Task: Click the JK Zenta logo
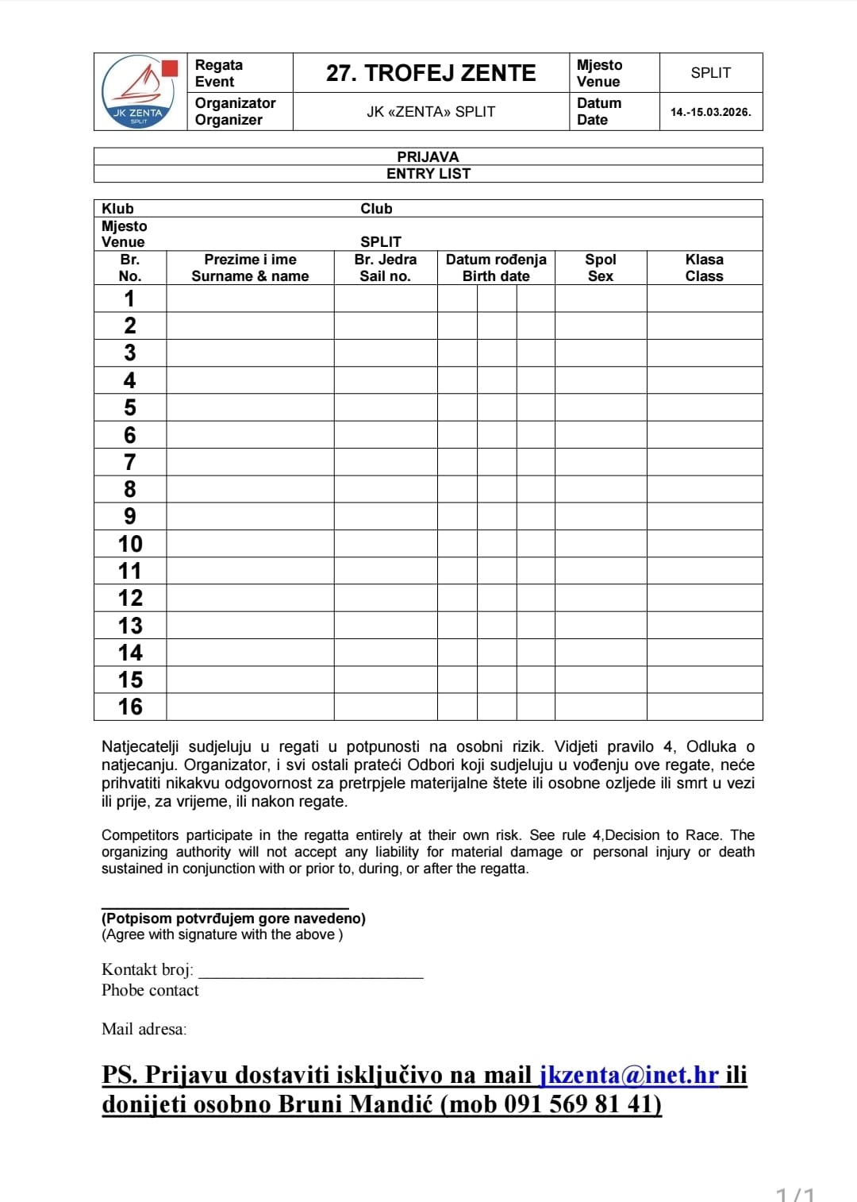(140, 91)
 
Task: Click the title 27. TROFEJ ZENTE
(431, 73)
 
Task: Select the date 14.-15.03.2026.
(710, 112)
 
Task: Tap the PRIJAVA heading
(428, 156)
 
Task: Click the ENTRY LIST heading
(428, 174)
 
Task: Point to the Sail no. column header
(386, 268)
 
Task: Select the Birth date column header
(496, 268)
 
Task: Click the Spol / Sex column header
(601, 268)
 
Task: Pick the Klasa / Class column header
(705, 268)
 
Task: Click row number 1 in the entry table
(130, 299)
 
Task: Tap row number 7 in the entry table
(130, 462)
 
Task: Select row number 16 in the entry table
(130, 707)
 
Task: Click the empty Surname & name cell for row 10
(250, 544)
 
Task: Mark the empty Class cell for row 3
(705, 353)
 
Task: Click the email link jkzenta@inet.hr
(629, 1074)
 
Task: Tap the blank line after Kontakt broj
(310, 970)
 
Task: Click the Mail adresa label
(144, 1029)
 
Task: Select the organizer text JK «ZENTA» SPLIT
(431, 112)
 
